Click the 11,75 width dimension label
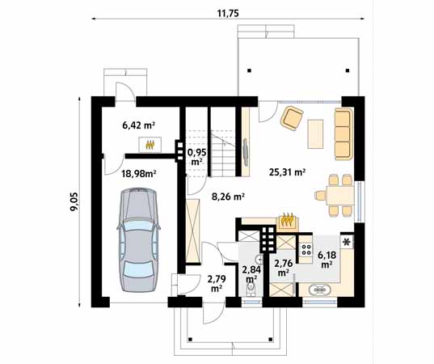tap(228, 13)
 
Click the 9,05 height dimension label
tap(74, 201)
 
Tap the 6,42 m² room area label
tap(138, 125)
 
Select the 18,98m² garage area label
tap(139, 174)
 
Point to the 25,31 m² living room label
tap(287, 172)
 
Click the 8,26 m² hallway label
tap(228, 197)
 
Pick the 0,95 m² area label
tap(196, 157)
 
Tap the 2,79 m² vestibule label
tap(217, 283)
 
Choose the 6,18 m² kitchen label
tap(327, 260)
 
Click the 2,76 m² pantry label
tap(283, 267)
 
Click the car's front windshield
tap(138, 224)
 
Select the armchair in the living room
tap(292, 118)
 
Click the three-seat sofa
tap(343, 134)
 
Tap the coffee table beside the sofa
tap(315, 134)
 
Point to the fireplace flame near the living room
tap(287, 220)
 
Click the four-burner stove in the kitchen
tap(306, 249)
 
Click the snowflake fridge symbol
tap(346, 243)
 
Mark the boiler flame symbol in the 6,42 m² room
tap(150, 145)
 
